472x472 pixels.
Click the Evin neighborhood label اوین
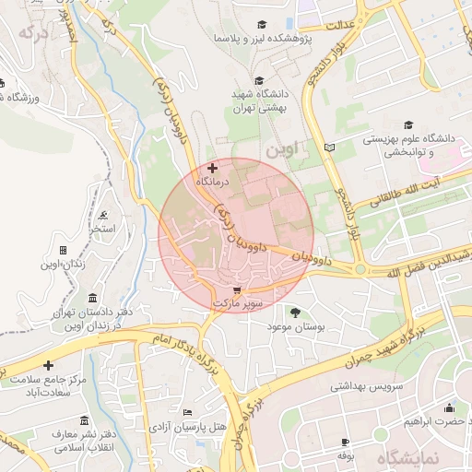click(282, 148)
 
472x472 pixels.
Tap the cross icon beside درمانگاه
click(213, 168)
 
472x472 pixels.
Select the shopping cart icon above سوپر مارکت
click(237, 289)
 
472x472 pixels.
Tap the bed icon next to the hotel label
click(188, 412)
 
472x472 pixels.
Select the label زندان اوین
click(63, 265)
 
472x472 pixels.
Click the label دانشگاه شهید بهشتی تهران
click(258, 100)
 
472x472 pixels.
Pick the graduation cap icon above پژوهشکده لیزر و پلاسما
click(263, 24)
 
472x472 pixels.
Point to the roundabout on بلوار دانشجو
click(360, 269)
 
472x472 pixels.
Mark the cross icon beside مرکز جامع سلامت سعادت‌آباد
click(49, 366)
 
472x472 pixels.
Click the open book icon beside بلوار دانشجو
click(330, 147)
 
